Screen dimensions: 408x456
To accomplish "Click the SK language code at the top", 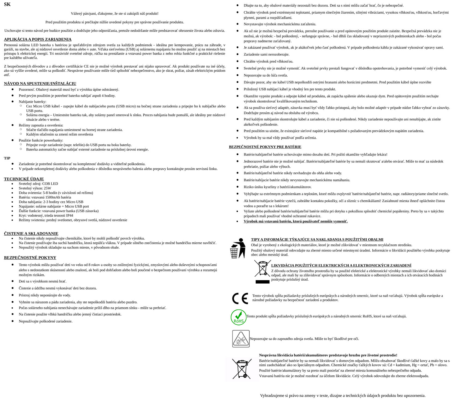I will click(x=7, y=4).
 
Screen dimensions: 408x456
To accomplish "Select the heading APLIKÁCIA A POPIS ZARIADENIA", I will click(x=38, y=39).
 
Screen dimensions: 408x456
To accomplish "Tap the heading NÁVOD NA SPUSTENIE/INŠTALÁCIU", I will click(x=40, y=83).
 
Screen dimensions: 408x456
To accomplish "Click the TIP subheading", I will click(x=7, y=158).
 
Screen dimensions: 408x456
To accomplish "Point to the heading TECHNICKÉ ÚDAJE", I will click(x=24, y=179).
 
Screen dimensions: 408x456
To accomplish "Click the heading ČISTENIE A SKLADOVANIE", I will click(x=31, y=233).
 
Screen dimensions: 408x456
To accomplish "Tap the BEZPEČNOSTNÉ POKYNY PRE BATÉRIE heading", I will click(x=265, y=147).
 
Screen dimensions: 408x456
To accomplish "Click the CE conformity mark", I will click(x=240, y=298).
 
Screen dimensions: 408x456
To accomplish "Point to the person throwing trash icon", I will click(x=238, y=248).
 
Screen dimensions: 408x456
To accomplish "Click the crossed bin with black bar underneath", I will click(x=262, y=271).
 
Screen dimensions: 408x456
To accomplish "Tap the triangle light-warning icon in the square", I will click(x=241, y=339).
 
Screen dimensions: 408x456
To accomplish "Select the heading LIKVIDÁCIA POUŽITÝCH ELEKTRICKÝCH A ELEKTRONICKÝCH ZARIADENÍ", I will click(x=341, y=265).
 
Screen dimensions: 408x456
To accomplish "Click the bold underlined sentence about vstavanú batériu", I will click(x=295, y=221).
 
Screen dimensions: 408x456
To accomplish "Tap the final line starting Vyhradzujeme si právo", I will click(x=343, y=395).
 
